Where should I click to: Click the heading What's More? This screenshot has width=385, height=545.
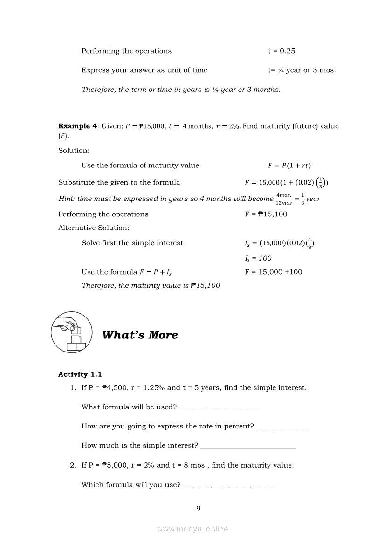(x=140, y=335)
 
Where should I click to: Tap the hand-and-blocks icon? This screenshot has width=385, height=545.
(x=70, y=333)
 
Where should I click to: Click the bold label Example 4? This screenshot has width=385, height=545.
(x=77, y=126)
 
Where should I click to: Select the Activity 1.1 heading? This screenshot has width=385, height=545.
(x=80, y=374)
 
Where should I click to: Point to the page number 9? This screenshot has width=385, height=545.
(x=199, y=508)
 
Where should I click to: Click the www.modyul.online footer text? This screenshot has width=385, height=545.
(x=192, y=529)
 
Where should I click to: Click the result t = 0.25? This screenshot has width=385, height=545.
(x=282, y=51)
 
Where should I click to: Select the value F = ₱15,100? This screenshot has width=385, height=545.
(x=266, y=214)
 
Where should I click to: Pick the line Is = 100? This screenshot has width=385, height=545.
(x=258, y=258)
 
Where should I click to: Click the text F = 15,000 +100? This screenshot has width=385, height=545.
(x=274, y=272)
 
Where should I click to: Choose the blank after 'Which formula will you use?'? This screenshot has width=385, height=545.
(x=229, y=486)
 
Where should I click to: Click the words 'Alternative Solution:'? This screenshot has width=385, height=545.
(x=94, y=228)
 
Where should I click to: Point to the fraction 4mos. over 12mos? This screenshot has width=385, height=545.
(x=284, y=199)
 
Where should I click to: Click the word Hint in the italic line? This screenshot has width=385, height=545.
(x=66, y=199)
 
